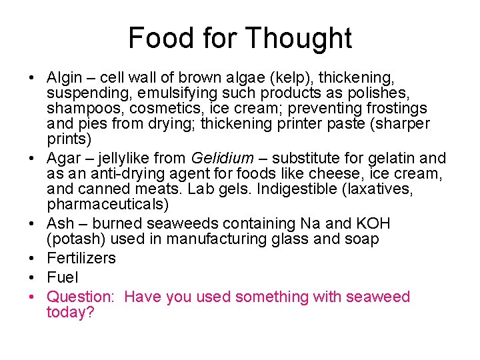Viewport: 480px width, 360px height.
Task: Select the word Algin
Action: (x=65, y=76)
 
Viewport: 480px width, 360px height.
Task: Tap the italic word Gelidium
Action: (x=222, y=159)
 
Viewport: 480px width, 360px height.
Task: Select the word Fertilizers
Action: (x=81, y=258)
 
